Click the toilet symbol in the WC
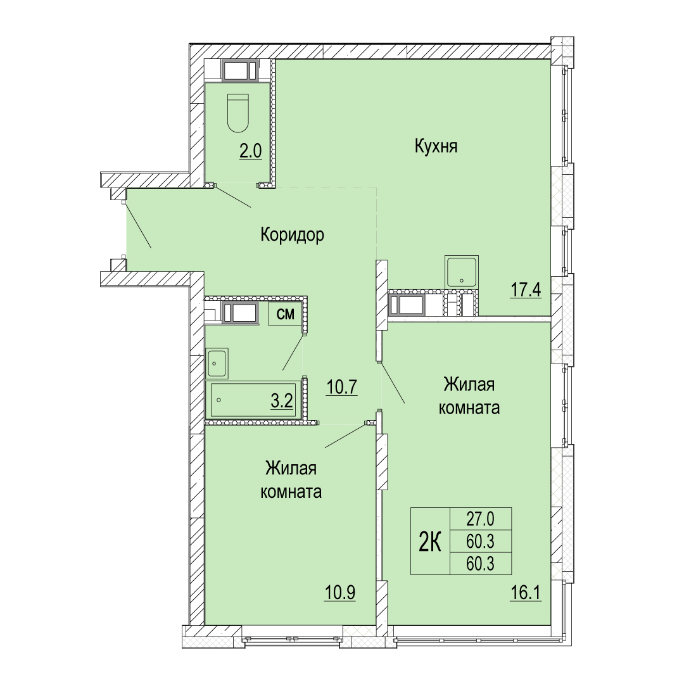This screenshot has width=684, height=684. click(237, 113)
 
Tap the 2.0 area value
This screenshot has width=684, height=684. click(250, 151)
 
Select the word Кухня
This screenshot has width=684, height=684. click(436, 146)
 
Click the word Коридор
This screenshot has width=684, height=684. click(292, 235)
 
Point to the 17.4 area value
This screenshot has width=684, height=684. click(526, 289)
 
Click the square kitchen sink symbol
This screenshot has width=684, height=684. click(462, 272)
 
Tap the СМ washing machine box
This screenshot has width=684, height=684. click(285, 314)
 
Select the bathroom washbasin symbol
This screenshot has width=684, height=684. click(217, 363)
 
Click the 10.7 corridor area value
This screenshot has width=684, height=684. click(342, 386)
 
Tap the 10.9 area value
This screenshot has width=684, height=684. click(340, 593)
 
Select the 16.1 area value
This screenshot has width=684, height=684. click(526, 593)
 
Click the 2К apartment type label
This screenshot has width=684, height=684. click(430, 541)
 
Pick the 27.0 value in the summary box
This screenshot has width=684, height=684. click(480, 519)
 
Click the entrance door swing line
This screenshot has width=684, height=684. click(139, 226)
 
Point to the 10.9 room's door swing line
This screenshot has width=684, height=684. click(346, 436)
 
